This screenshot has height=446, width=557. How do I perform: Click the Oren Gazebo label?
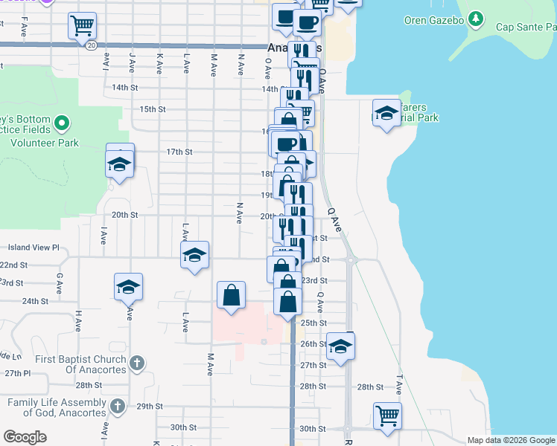[433, 20]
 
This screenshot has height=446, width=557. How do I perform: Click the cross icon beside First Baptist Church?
[136, 363]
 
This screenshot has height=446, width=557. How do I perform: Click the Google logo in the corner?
[25, 437]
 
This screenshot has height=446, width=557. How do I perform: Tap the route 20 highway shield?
[90, 45]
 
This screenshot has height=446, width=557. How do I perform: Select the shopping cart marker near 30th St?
[387, 416]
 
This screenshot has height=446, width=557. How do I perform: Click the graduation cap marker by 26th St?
[341, 346]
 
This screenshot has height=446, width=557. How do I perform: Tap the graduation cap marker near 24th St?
[129, 286]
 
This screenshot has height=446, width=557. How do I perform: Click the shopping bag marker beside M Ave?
[232, 295]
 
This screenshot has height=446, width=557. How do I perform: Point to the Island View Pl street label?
[33, 248]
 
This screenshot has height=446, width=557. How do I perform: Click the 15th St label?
[152, 109]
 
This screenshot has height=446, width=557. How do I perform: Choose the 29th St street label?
[149, 407]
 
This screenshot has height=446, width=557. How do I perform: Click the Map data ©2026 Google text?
[511, 440]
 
